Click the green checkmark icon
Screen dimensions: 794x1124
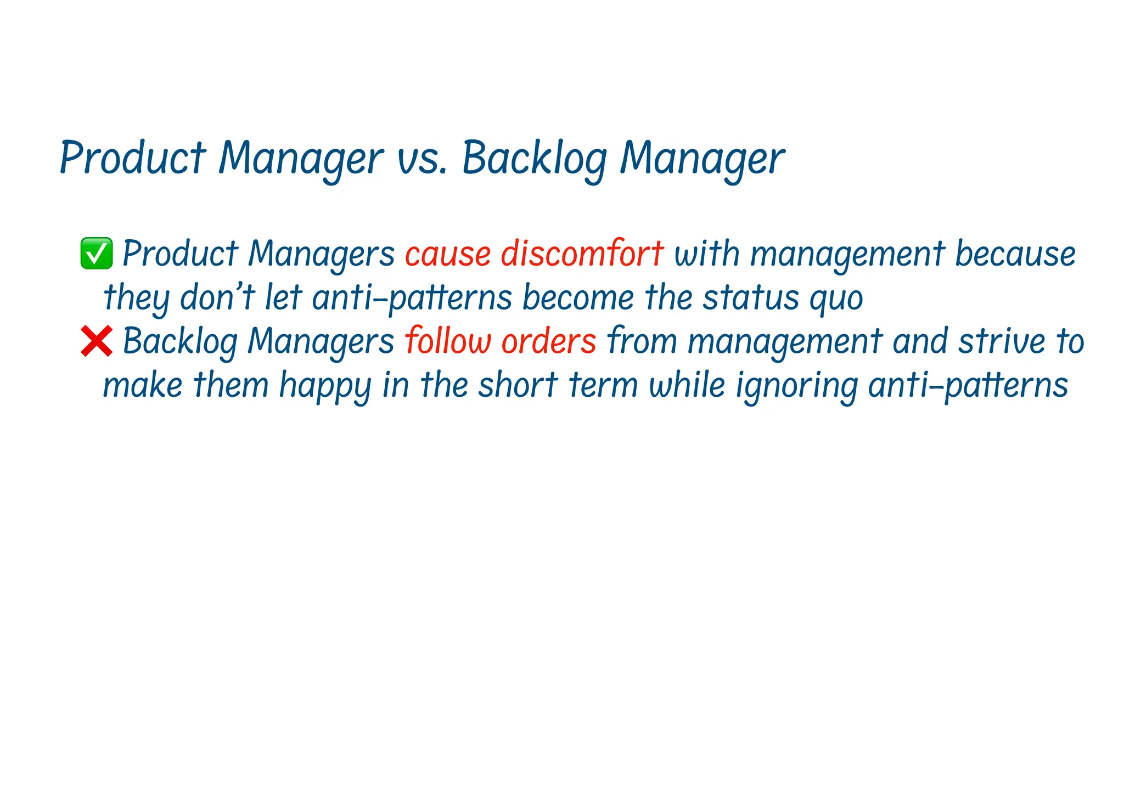point(97,254)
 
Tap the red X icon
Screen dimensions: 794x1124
point(97,341)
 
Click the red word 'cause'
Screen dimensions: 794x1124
point(448,254)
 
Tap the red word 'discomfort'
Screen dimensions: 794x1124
point(582,254)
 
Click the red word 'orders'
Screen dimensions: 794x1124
point(549,341)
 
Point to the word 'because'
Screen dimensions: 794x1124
point(1015,254)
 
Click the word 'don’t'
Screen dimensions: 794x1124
point(217,297)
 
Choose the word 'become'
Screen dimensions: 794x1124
point(578,297)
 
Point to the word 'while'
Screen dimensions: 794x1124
point(687,385)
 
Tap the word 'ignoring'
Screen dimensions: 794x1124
point(796,386)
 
